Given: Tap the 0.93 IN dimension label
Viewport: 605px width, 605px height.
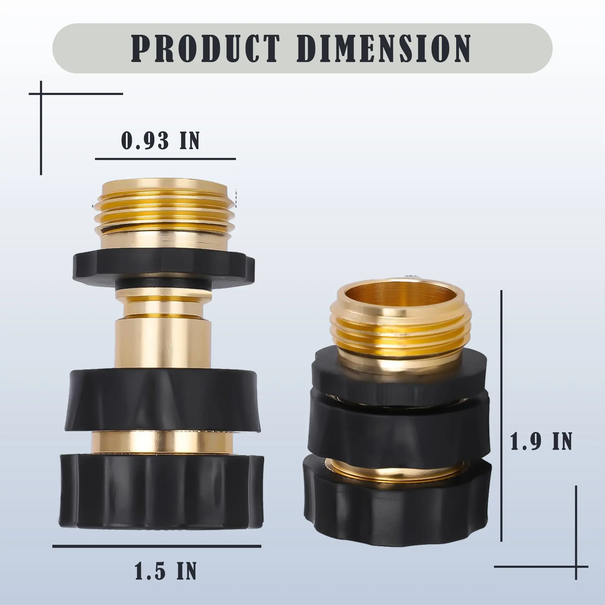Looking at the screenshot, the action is click(160, 141).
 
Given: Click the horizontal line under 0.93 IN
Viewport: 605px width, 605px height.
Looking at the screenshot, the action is click(165, 159).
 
